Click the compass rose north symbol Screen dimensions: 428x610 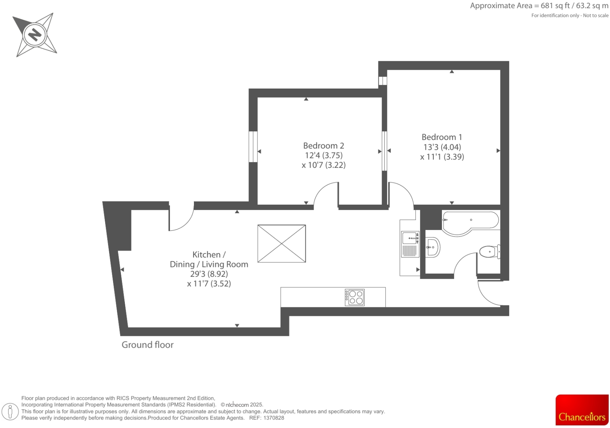(x=35, y=34)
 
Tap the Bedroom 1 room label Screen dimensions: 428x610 (x=442, y=137)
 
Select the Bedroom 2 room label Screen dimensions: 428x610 (x=323, y=146)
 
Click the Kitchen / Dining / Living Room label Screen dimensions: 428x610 (x=209, y=259)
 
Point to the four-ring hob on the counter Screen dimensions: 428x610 (x=354, y=297)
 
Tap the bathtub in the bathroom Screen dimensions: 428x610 (x=470, y=222)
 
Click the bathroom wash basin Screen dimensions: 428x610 (x=433, y=247)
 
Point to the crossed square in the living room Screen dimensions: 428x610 (x=281, y=243)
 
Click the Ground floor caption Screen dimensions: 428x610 (x=147, y=345)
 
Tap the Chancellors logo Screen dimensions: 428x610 (x=582, y=410)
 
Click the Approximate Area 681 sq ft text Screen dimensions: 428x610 (x=539, y=6)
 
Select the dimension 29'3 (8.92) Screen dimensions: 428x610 (x=209, y=274)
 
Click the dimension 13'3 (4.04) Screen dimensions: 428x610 (x=442, y=147)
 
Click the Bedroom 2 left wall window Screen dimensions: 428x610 (x=253, y=147)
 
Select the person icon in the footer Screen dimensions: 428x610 (x=10, y=412)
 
